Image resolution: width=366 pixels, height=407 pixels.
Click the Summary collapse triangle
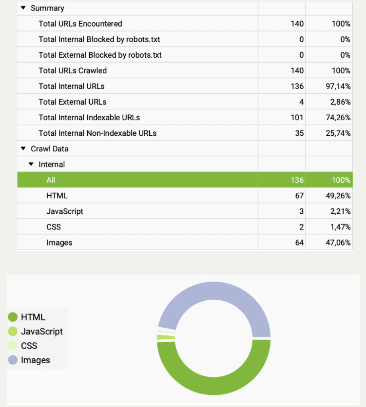[x=23, y=8]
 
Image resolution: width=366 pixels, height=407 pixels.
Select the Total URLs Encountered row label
[x=80, y=24]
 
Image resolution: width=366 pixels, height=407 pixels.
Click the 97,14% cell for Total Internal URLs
[x=338, y=86]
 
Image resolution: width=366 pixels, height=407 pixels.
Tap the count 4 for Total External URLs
[x=301, y=102]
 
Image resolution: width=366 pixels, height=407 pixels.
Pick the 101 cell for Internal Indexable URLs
[x=297, y=118]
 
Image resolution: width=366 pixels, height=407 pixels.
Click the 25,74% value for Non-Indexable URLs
[x=338, y=133]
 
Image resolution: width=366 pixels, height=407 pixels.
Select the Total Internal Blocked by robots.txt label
[x=99, y=39]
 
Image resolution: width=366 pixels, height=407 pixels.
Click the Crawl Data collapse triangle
[x=23, y=148]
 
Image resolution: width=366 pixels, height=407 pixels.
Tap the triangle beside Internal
[x=31, y=164]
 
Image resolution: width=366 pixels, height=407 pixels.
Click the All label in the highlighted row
[x=51, y=180]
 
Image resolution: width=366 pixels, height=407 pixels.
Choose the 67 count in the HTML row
[x=299, y=196]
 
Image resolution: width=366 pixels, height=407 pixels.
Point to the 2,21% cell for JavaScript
[x=340, y=211]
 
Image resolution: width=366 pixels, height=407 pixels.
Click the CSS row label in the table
[x=54, y=227]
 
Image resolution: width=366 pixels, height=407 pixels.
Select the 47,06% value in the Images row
[x=338, y=243]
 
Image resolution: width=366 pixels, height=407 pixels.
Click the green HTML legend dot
[x=13, y=317]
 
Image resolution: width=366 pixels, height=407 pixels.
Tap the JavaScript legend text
[x=42, y=331]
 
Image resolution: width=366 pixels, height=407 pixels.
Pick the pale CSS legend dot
[x=13, y=346]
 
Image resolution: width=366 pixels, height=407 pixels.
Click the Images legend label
[x=35, y=360]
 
